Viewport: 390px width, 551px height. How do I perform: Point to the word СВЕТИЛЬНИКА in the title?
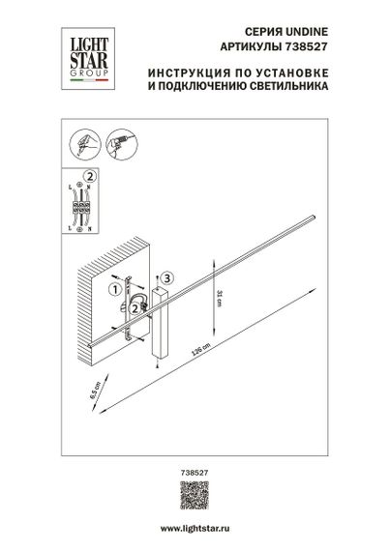(x=287, y=86)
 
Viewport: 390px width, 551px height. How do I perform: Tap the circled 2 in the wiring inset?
(x=90, y=176)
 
